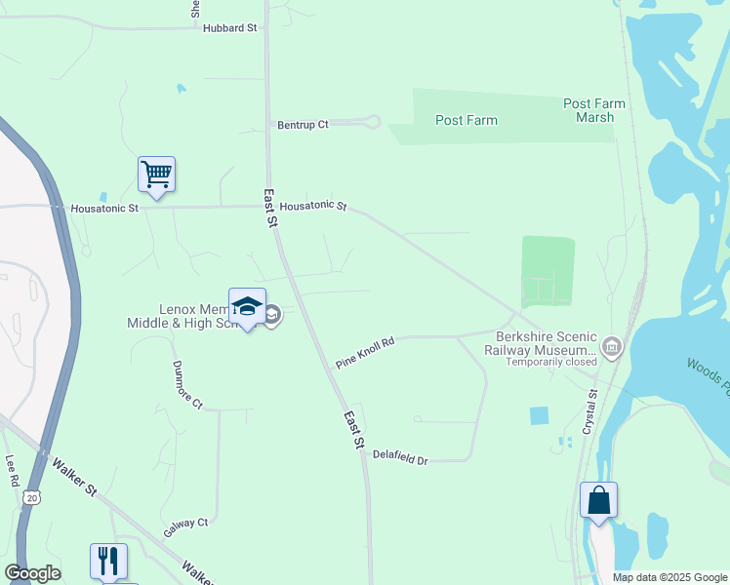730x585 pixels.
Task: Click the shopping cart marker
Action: point(156,175)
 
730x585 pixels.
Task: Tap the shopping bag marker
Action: point(598,501)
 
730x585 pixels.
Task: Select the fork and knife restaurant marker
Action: point(108,562)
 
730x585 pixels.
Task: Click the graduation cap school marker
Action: point(247,307)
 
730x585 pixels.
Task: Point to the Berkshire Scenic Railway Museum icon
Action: point(612,345)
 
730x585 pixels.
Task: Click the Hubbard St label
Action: point(229,28)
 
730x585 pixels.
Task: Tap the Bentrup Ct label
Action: point(304,125)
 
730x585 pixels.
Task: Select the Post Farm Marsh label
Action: point(594,110)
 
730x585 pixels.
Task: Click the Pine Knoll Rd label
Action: point(364,352)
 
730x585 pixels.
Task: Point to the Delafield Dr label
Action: point(401,458)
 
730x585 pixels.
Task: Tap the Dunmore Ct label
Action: point(186,384)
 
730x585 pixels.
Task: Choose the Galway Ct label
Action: point(185,527)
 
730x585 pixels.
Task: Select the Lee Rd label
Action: point(12,471)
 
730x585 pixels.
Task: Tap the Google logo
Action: point(32,573)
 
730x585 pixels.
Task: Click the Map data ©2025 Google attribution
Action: point(669,577)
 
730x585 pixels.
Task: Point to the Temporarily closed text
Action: point(551,362)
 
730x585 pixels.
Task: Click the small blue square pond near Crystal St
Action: point(539,415)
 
